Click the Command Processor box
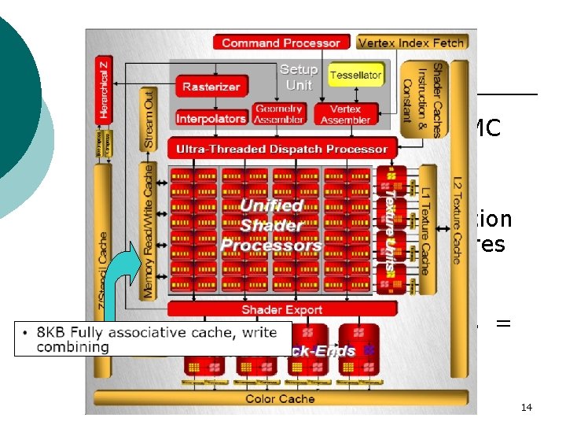pos(281,43)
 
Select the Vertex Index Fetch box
pos(411,42)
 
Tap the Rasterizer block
pos(211,87)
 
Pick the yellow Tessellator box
pos(355,76)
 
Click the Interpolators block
pos(211,119)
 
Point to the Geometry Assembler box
pos(279,114)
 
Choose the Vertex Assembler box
pos(345,114)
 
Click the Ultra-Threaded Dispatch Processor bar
pos(281,149)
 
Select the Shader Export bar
pos(281,310)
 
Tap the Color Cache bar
pos(281,399)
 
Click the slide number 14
pos(527,407)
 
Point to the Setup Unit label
pos(299,77)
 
